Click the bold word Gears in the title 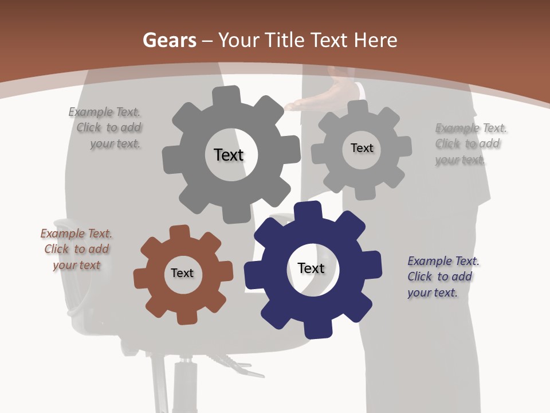[x=169, y=40]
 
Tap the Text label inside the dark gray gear [x=229, y=155]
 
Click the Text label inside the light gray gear [x=362, y=148]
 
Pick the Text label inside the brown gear [x=182, y=273]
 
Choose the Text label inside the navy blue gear [x=311, y=268]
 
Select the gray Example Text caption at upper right [x=470, y=144]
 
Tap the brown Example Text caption [x=76, y=250]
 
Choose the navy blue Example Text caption [x=442, y=276]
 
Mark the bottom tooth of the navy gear [x=319, y=329]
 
